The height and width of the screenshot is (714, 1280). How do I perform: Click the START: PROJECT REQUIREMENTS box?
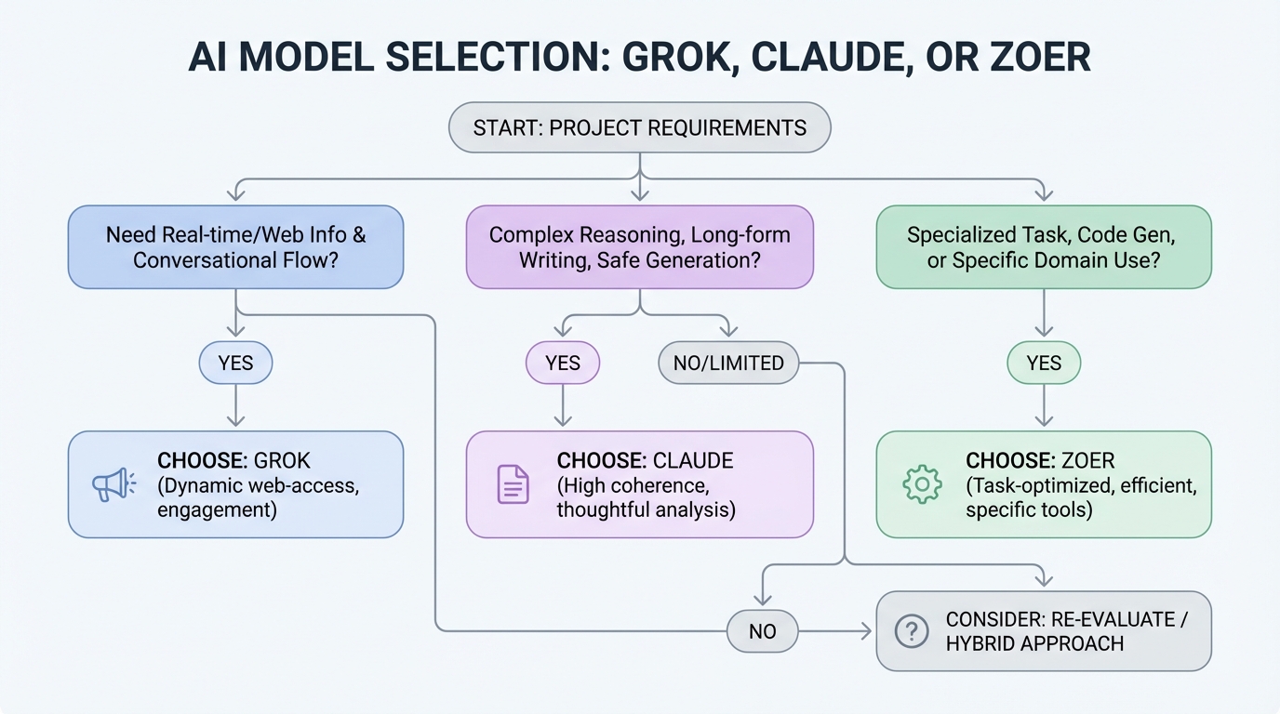pos(639,127)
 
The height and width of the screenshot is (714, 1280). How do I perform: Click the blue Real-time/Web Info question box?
pos(235,246)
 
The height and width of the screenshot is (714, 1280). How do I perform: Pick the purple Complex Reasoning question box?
pos(639,246)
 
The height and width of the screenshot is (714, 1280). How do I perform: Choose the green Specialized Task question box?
pos(1044,246)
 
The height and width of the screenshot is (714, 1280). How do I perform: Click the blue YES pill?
pos(235,363)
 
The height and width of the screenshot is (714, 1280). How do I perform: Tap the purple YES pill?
pos(563,363)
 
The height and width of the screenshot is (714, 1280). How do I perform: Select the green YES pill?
pos(1044,363)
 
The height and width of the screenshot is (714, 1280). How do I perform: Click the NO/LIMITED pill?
pos(728,363)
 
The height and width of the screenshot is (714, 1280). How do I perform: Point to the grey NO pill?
pos(762,631)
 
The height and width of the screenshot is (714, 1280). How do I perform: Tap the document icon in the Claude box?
pos(513,484)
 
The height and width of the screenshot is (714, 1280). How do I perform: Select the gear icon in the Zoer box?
pos(922,484)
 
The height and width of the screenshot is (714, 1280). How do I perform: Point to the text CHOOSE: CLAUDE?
pos(645,460)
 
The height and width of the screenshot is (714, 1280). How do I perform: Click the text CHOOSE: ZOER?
pos(1040,460)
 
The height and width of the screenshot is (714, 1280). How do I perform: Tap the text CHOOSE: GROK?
pos(233,460)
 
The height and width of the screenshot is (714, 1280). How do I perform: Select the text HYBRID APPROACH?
pos(1034,643)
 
